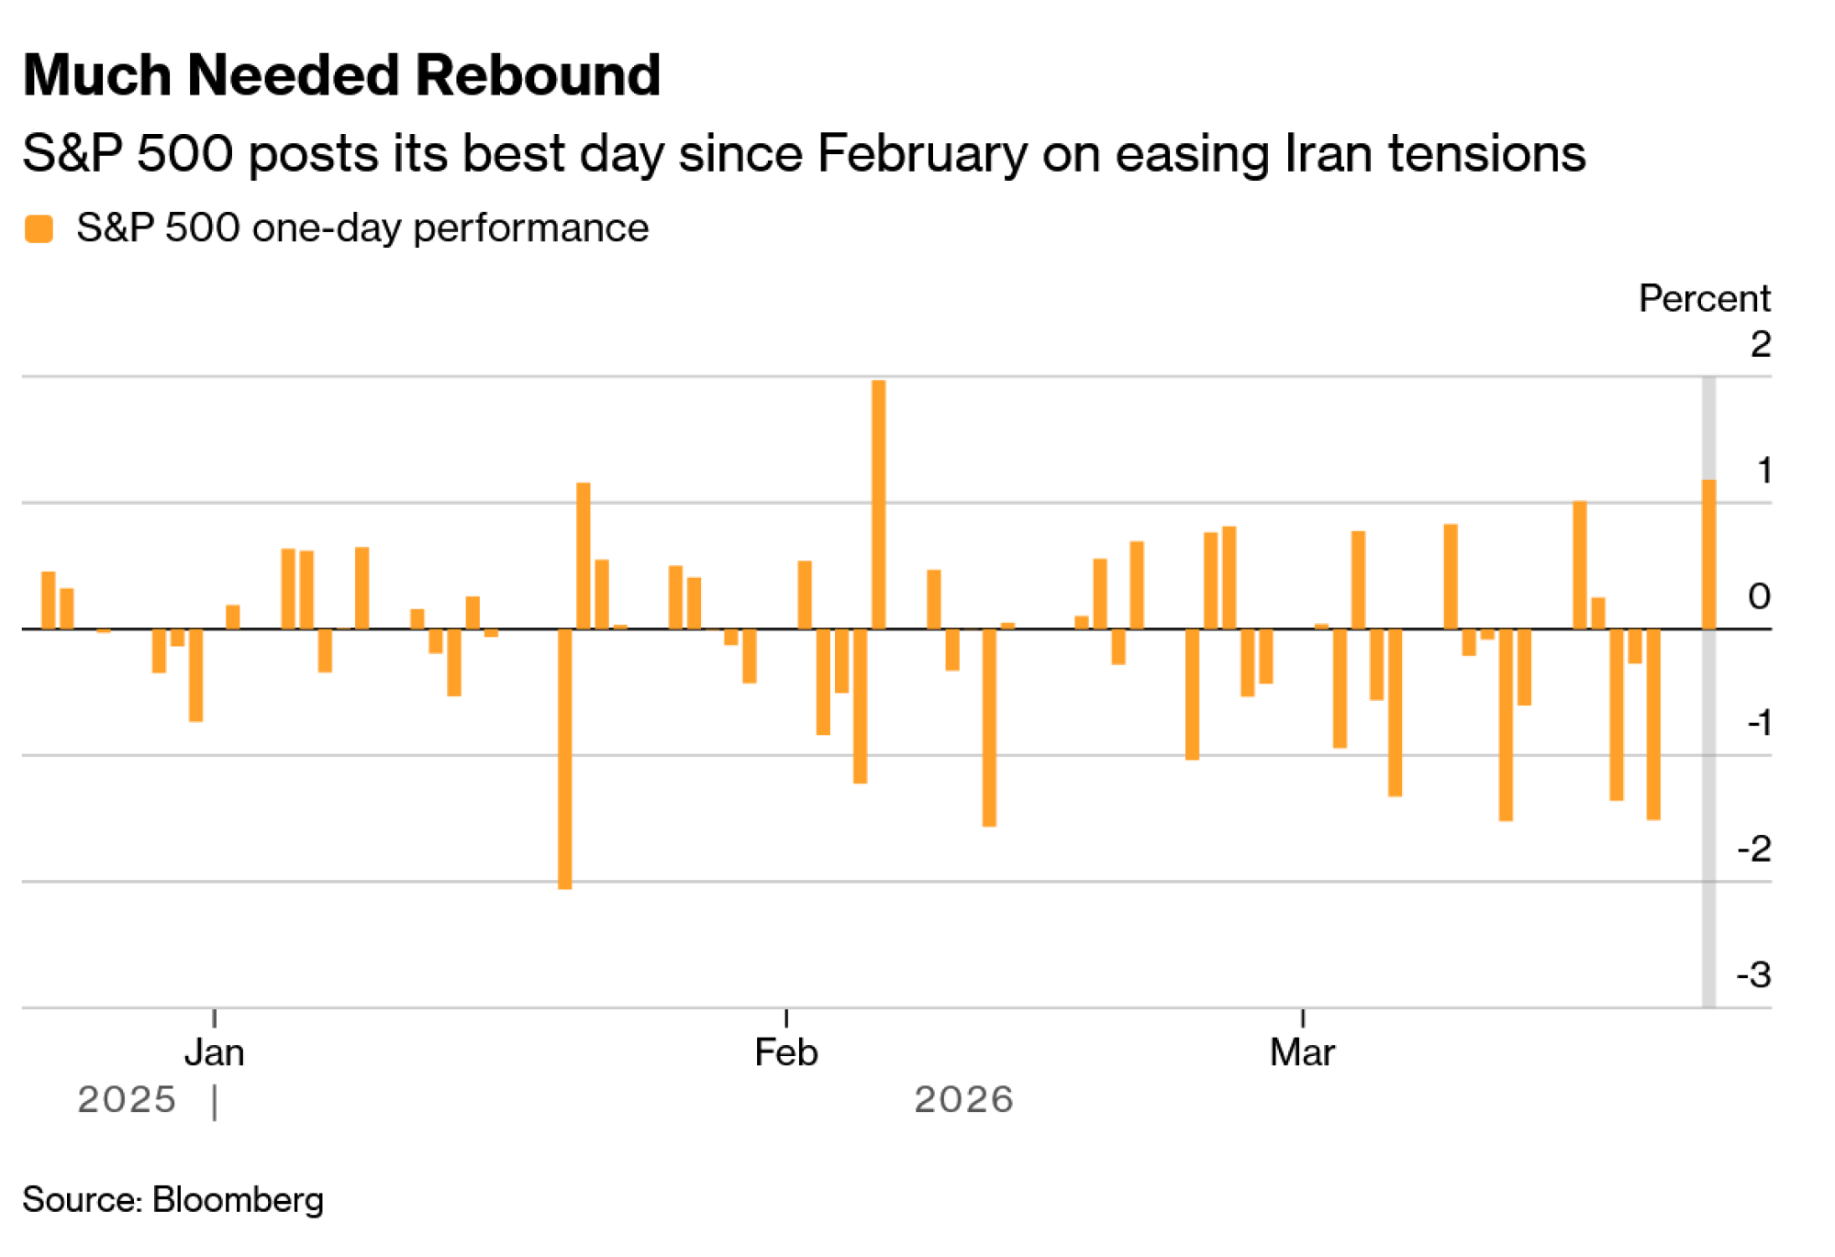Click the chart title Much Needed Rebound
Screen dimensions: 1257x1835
coord(341,75)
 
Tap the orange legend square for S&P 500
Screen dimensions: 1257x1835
coord(39,228)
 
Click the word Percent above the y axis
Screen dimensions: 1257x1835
coord(1704,299)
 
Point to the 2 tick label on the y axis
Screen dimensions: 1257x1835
coord(1760,345)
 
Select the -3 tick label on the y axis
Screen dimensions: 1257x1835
coord(1753,974)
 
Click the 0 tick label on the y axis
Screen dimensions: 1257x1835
coord(1759,596)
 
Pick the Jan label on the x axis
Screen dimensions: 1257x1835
coord(214,1052)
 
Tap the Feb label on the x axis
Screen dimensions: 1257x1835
coord(785,1052)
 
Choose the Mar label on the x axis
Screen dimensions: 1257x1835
coord(1302,1052)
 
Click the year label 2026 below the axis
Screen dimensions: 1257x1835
coord(963,1100)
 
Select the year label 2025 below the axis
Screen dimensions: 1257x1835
coord(127,1100)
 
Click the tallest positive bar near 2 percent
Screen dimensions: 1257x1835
coord(878,505)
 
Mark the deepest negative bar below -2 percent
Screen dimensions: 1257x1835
coord(565,759)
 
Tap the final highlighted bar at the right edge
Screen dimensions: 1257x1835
coord(1708,554)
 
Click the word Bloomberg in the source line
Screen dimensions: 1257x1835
coord(238,1200)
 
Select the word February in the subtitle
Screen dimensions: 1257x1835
coord(922,153)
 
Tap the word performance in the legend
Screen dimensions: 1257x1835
coord(530,228)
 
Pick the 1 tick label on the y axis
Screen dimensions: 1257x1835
coord(1763,471)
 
